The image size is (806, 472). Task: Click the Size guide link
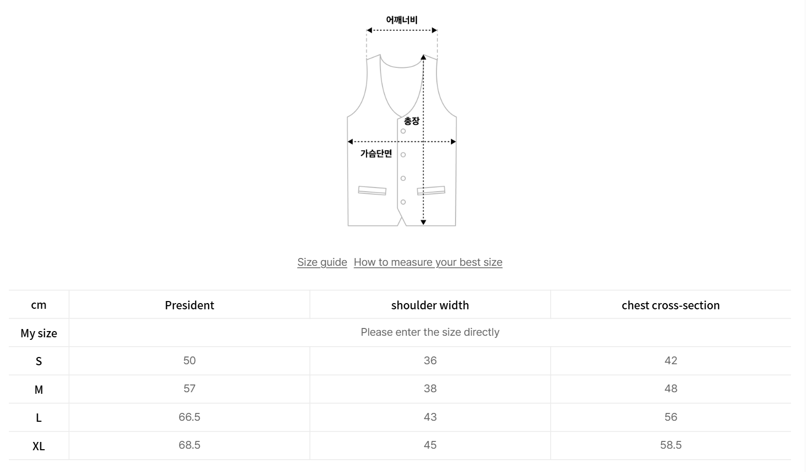pyautogui.click(x=322, y=262)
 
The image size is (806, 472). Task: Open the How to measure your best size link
pyautogui.click(x=428, y=262)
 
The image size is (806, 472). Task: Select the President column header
pyautogui.click(x=189, y=305)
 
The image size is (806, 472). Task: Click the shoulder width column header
pyautogui.click(x=430, y=305)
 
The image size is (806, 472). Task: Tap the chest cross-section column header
pyautogui.click(x=670, y=305)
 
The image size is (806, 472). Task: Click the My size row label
pyautogui.click(x=39, y=333)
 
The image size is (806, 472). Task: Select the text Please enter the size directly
pyautogui.click(x=430, y=332)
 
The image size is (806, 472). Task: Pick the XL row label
pyautogui.click(x=39, y=446)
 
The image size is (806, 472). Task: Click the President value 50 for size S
pyautogui.click(x=189, y=361)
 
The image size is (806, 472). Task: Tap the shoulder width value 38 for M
pyautogui.click(x=430, y=389)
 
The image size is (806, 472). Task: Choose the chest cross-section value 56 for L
pyautogui.click(x=671, y=417)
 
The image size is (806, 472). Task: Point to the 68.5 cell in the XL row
pyautogui.click(x=189, y=445)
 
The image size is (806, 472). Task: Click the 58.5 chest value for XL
pyautogui.click(x=671, y=445)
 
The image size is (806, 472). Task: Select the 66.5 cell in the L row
pyautogui.click(x=189, y=417)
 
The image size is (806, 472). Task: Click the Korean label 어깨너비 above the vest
pyautogui.click(x=402, y=20)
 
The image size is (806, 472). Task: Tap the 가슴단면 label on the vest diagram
pyautogui.click(x=376, y=153)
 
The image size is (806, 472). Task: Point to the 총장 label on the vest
pyautogui.click(x=412, y=121)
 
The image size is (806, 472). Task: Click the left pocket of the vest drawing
pyautogui.click(x=372, y=191)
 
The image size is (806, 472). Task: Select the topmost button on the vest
pyautogui.click(x=403, y=131)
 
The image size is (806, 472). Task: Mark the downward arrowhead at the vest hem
pyautogui.click(x=423, y=222)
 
